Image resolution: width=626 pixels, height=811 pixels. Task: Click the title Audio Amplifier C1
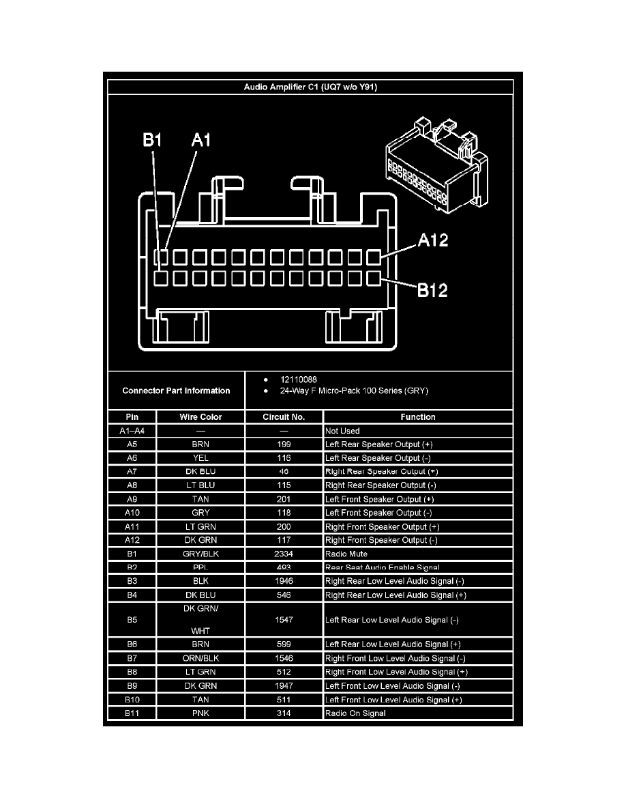pos(311,87)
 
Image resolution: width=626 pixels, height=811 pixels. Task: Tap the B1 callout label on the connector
pos(151,141)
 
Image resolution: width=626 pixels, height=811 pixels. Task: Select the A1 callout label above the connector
pos(201,141)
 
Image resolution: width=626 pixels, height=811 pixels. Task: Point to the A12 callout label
pos(433,241)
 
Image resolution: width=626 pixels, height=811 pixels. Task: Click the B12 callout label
pos(433,291)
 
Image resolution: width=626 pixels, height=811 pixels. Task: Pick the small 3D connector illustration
pos(436,164)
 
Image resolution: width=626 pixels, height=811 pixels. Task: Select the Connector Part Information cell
pos(176,391)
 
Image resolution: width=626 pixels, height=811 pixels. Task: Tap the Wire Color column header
pos(200,417)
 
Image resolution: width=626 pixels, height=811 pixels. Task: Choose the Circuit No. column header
pos(284,417)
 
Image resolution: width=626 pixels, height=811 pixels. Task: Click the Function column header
pos(418,417)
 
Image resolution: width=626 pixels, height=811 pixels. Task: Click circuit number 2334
pos(284,554)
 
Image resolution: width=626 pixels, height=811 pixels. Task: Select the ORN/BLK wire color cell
pos(200,659)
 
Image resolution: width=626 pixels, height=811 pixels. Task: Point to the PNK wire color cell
pos(200,713)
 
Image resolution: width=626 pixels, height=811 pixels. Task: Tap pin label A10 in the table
pos(132,513)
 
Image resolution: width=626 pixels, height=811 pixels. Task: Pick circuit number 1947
pos(284,686)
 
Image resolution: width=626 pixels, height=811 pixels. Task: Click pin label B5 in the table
pos(132,620)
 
